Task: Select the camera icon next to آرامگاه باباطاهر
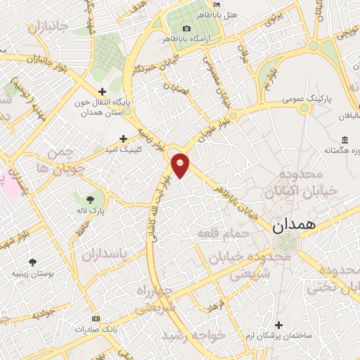pos(186,27)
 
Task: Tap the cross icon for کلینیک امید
pos(124,139)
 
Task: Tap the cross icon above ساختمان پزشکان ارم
pos(279,325)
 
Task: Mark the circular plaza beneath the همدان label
pos(288,243)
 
